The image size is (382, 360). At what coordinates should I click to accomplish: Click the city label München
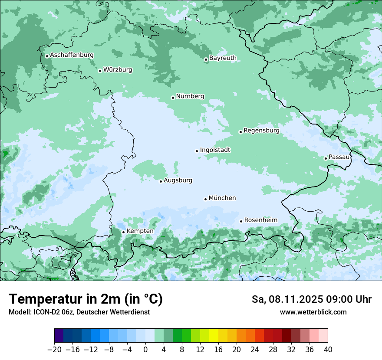point(222,198)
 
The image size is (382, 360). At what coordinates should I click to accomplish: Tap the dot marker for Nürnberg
point(173,98)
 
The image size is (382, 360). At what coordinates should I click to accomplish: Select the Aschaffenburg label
point(72,55)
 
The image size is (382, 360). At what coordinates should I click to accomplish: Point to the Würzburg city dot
point(100,71)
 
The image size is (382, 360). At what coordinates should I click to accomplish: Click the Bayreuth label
point(223,58)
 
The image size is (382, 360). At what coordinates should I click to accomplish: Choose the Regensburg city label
point(261,131)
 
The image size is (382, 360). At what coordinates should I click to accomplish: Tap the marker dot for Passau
point(326,158)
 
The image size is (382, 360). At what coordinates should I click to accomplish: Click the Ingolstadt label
point(215,150)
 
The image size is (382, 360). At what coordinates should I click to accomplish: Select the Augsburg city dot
point(161,181)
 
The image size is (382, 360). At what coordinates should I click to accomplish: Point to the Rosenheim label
point(260,220)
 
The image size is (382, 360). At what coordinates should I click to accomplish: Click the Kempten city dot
point(123,232)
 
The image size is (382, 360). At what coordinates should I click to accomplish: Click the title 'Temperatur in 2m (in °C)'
point(86,299)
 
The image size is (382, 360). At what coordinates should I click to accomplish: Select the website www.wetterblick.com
point(313,312)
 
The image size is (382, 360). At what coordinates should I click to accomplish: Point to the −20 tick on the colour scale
point(55,350)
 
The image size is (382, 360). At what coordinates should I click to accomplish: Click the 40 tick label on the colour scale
point(328,350)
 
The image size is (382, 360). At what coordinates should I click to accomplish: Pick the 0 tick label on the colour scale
point(145,350)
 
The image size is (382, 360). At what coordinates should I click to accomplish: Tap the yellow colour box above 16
point(214,336)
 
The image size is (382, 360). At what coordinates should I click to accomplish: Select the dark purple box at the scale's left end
point(59,336)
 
